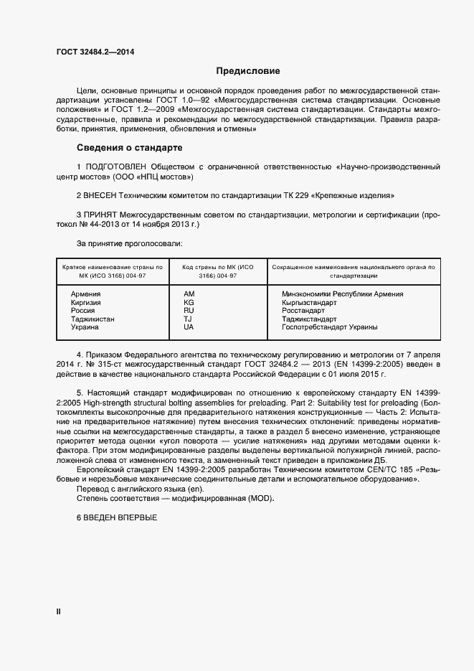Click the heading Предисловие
click(x=248, y=71)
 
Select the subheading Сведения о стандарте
click(x=129, y=148)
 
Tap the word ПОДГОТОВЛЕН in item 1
click(x=115, y=166)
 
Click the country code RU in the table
click(x=189, y=311)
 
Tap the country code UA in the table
click(x=189, y=327)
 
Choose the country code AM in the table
click(x=189, y=294)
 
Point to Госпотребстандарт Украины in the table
click(x=330, y=327)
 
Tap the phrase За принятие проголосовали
click(x=123, y=244)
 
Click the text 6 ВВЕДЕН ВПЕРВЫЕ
click(x=116, y=518)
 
